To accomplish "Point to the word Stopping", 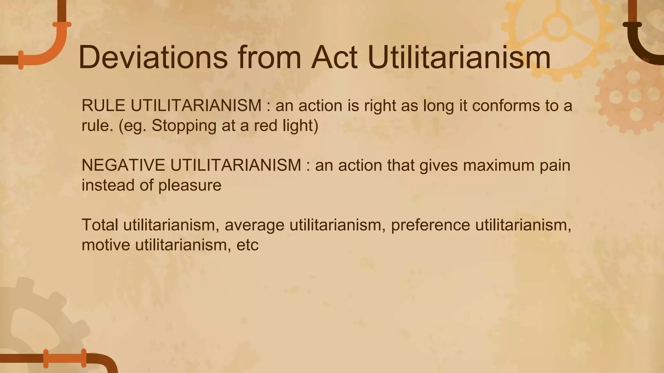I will (x=184, y=126).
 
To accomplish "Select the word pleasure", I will (x=190, y=185).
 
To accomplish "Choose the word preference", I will (x=431, y=225).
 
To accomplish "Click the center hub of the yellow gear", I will (x=557, y=27).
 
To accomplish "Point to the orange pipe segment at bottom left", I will (x=65, y=358).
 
